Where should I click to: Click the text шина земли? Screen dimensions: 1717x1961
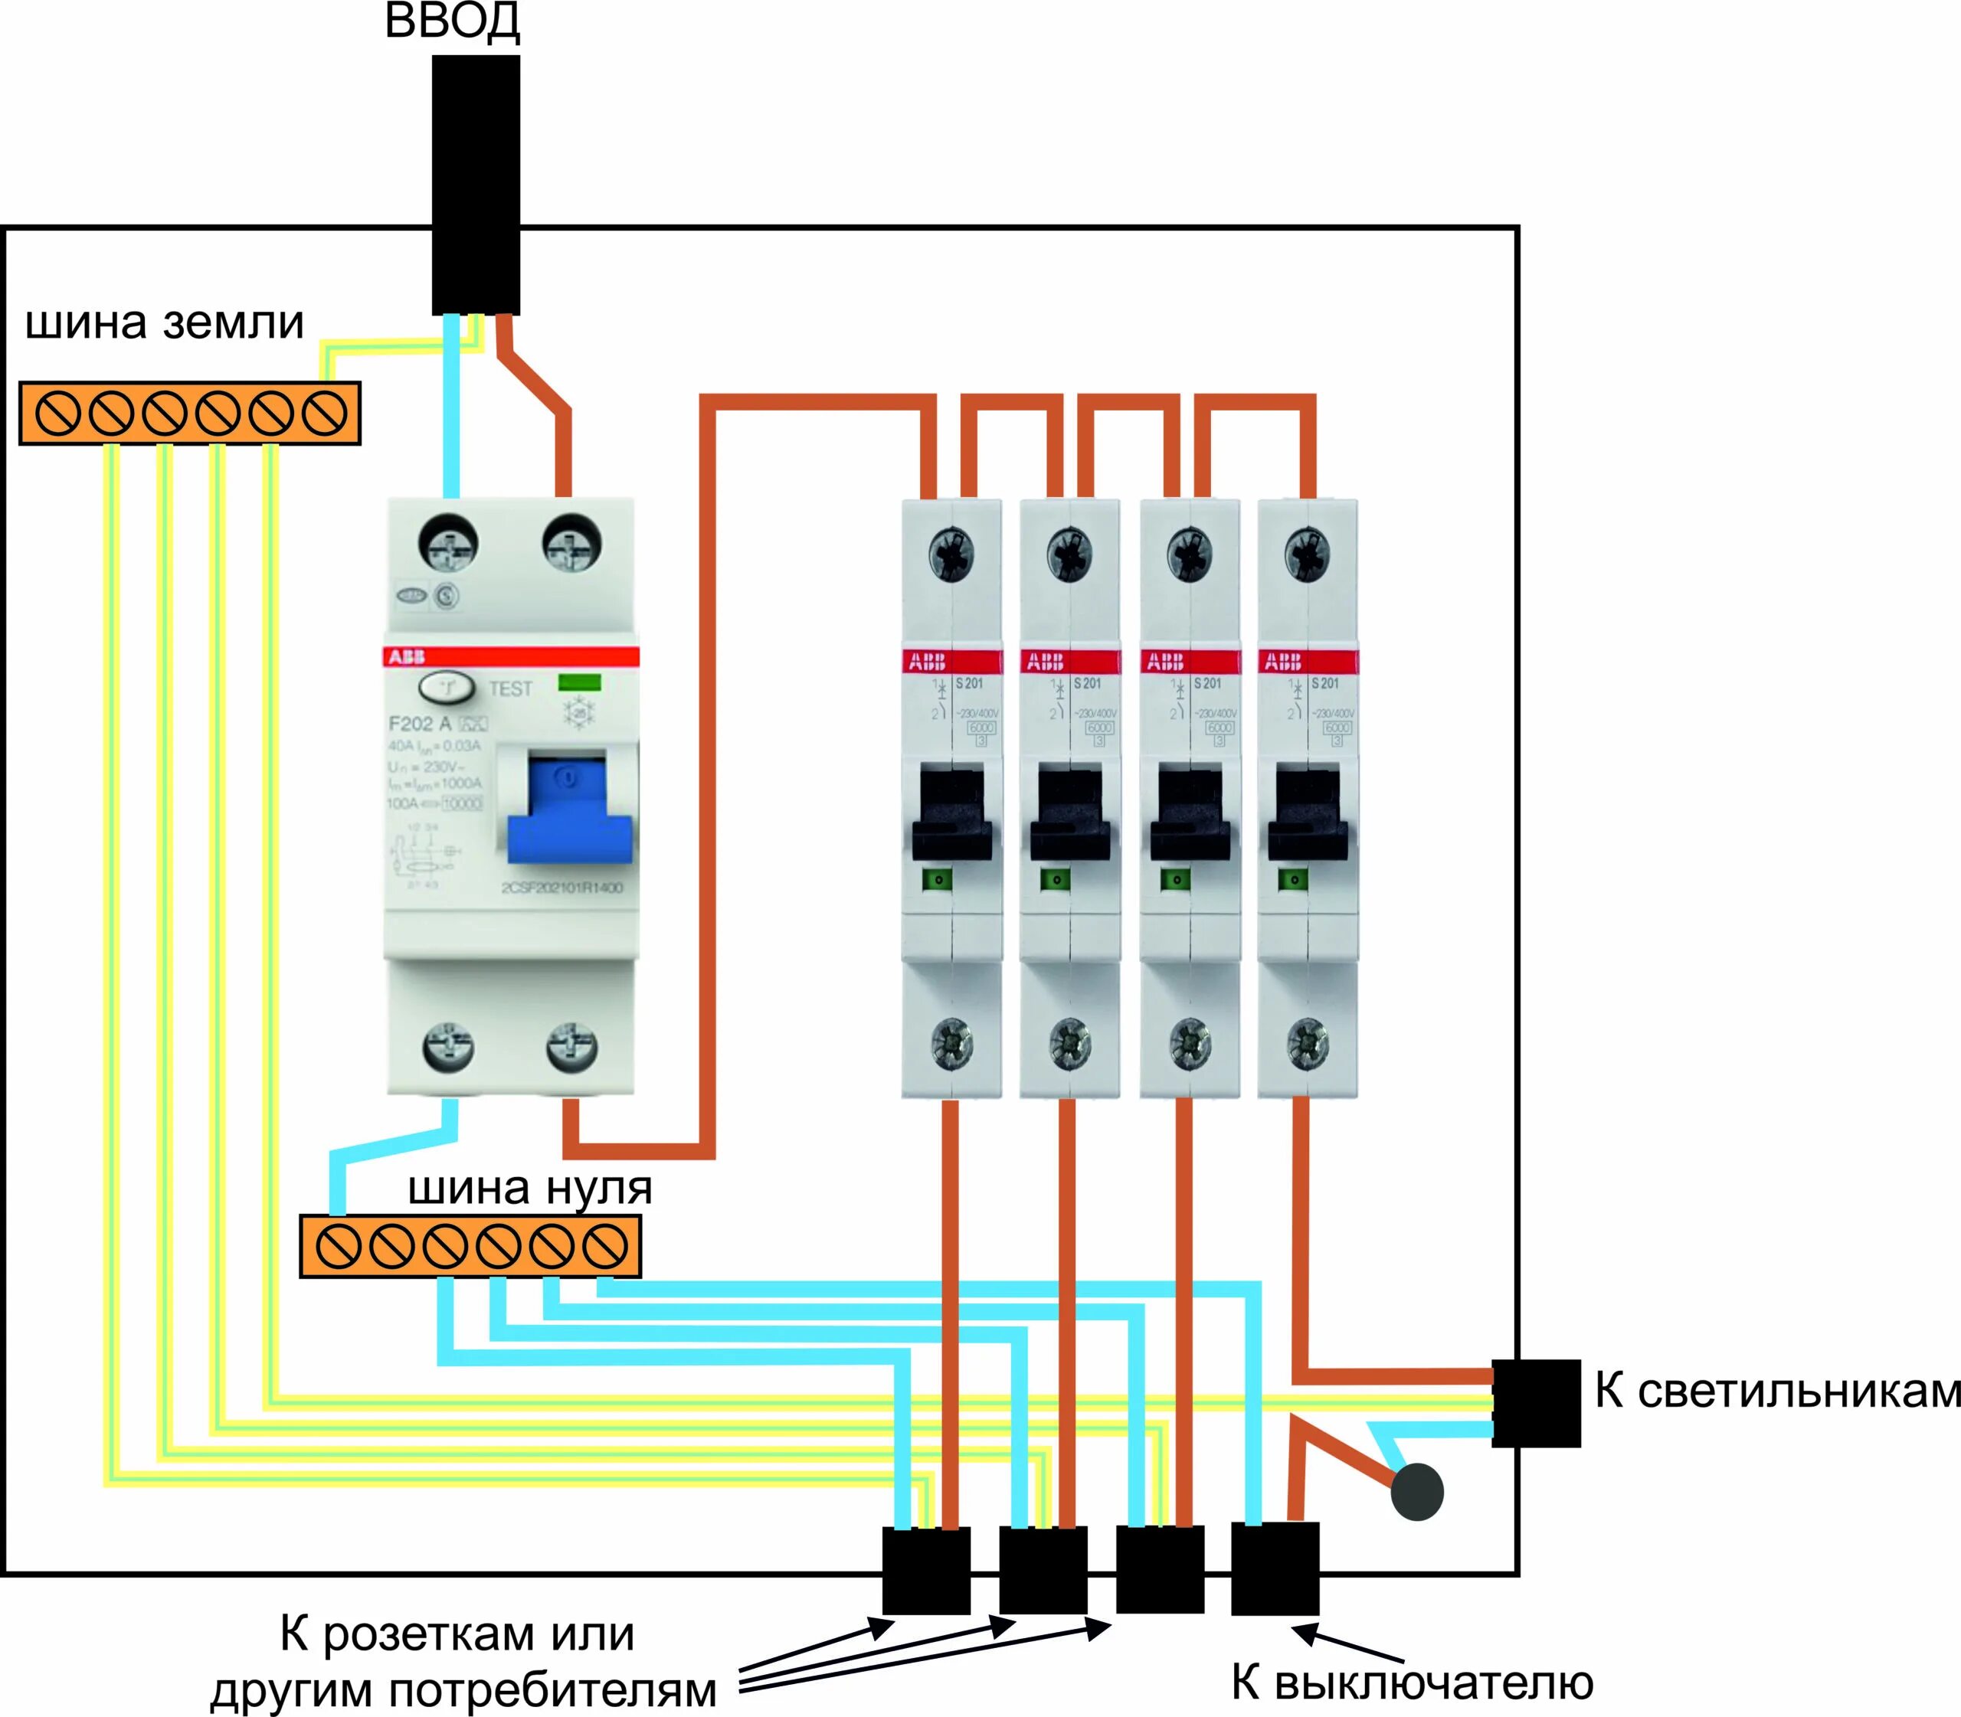(x=164, y=323)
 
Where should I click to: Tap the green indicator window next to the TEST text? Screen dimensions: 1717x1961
(x=579, y=682)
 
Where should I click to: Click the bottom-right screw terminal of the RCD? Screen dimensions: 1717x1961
(x=572, y=1049)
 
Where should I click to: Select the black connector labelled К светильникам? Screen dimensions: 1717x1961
(x=1535, y=1403)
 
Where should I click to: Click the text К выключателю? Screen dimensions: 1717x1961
(x=1412, y=1682)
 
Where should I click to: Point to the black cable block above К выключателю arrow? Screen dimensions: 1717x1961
(x=1275, y=1568)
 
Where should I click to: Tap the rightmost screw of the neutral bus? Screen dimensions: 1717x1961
(x=605, y=1248)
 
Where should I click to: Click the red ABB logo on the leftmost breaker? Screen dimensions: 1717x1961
(x=927, y=661)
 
